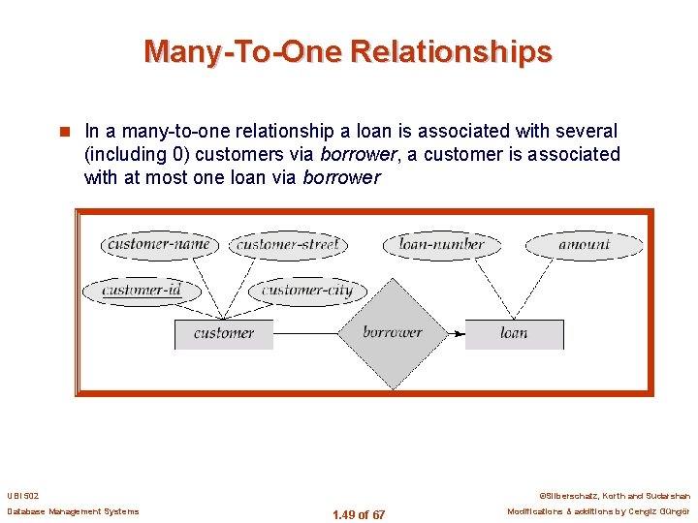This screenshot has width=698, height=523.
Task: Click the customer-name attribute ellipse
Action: [159, 244]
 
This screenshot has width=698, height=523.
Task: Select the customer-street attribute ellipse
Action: [288, 244]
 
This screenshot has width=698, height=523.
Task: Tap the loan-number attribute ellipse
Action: [441, 244]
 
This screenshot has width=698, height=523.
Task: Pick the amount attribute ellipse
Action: [584, 244]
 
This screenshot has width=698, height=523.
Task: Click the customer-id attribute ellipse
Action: [142, 290]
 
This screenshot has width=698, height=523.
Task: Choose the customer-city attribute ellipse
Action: [307, 290]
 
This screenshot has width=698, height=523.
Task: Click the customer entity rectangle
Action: [223, 333]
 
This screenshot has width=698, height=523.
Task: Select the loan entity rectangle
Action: [514, 333]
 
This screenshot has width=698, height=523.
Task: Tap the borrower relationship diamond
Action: [393, 332]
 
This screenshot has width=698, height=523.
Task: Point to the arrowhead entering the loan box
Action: [459, 333]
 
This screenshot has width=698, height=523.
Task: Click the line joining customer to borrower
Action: [305, 333]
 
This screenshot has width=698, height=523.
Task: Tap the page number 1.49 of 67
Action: [358, 515]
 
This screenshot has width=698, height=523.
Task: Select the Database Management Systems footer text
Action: [73, 511]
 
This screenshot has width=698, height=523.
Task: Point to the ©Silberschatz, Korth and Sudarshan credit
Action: [614, 495]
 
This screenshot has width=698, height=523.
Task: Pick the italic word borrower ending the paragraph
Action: [341, 177]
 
